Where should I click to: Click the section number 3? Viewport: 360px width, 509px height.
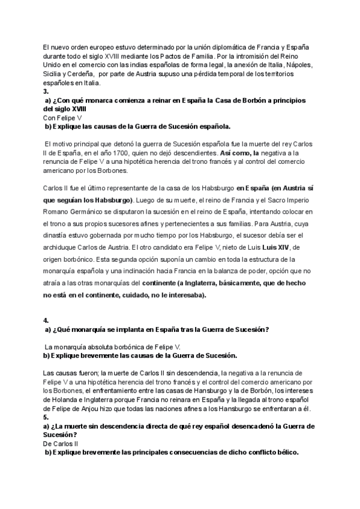coord(46,92)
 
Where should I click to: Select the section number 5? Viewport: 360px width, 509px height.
coord(46,417)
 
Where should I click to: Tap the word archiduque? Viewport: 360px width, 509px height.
coord(64,247)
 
